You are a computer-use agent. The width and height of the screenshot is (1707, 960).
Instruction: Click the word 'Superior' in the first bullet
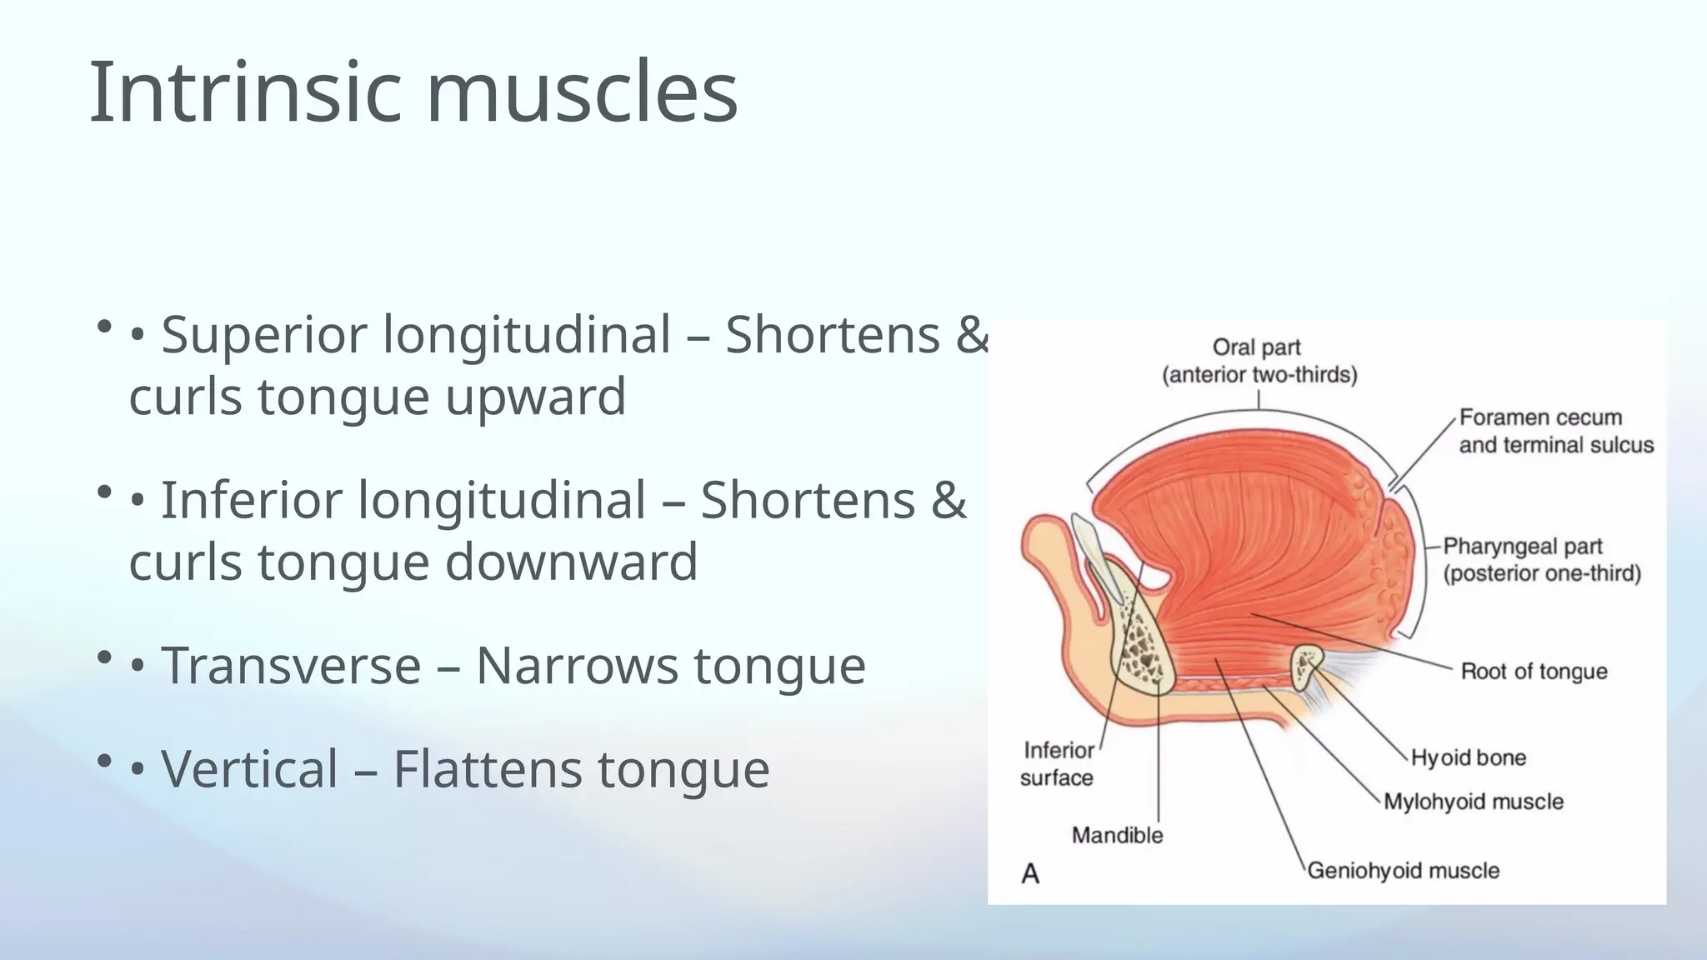pos(264,335)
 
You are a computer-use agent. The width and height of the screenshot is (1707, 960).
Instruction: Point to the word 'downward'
pos(571,562)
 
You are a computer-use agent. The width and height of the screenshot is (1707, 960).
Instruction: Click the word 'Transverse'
pos(291,666)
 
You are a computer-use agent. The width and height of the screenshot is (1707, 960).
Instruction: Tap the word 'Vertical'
pos(249,768)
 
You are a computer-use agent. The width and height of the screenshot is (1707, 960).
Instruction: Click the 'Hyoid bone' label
pos(1468,757)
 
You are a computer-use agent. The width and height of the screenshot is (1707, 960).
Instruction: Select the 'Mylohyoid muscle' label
pos(1473,802)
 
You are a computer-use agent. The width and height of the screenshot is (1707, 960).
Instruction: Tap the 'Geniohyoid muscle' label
pos(1403,871)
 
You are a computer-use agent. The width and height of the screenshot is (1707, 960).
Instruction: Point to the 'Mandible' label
pos(1117,835)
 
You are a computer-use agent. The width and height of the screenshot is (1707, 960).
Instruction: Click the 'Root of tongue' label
pos(1534,672)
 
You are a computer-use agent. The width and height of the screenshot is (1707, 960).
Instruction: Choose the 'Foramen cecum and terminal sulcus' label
pos(1555,431)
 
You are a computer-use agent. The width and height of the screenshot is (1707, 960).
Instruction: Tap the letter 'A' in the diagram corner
pos(1030,873)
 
